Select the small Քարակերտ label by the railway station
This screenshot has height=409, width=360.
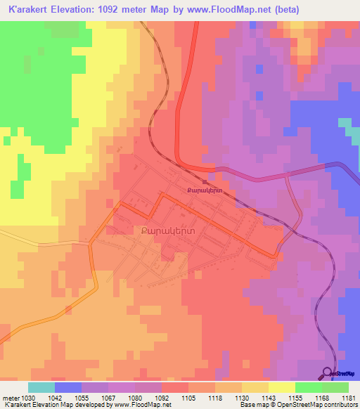[x=204, y=190]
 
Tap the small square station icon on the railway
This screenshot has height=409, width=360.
[x=204, y=182]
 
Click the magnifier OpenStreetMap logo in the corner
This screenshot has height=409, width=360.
[x=328, y=374]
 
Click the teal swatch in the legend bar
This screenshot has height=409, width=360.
[x=41, y=387]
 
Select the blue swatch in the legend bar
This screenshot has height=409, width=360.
[x=68, y=387]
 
